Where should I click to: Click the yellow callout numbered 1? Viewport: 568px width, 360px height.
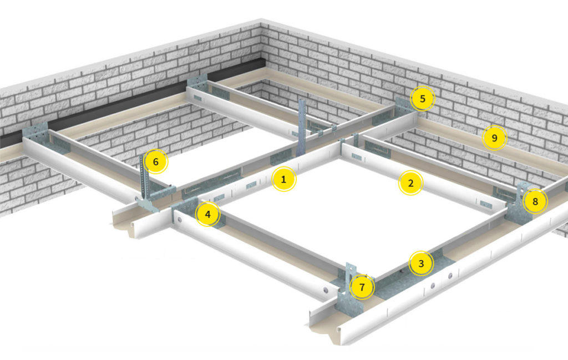point(283,179)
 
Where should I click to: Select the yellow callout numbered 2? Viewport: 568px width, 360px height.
point(410,183)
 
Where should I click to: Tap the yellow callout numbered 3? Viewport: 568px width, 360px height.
point(421,263)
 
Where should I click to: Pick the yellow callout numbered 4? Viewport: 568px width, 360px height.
point(207,215)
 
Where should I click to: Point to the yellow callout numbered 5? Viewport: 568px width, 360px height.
point(422,99)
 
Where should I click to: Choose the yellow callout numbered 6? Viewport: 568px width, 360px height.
point(156,161)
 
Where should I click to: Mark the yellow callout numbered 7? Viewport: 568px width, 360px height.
point(362,287)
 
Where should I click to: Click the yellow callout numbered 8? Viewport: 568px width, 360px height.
point(535,201)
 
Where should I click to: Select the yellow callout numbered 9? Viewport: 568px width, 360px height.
point(494,138)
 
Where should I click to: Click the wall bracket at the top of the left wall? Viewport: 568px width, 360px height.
point(197,83)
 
